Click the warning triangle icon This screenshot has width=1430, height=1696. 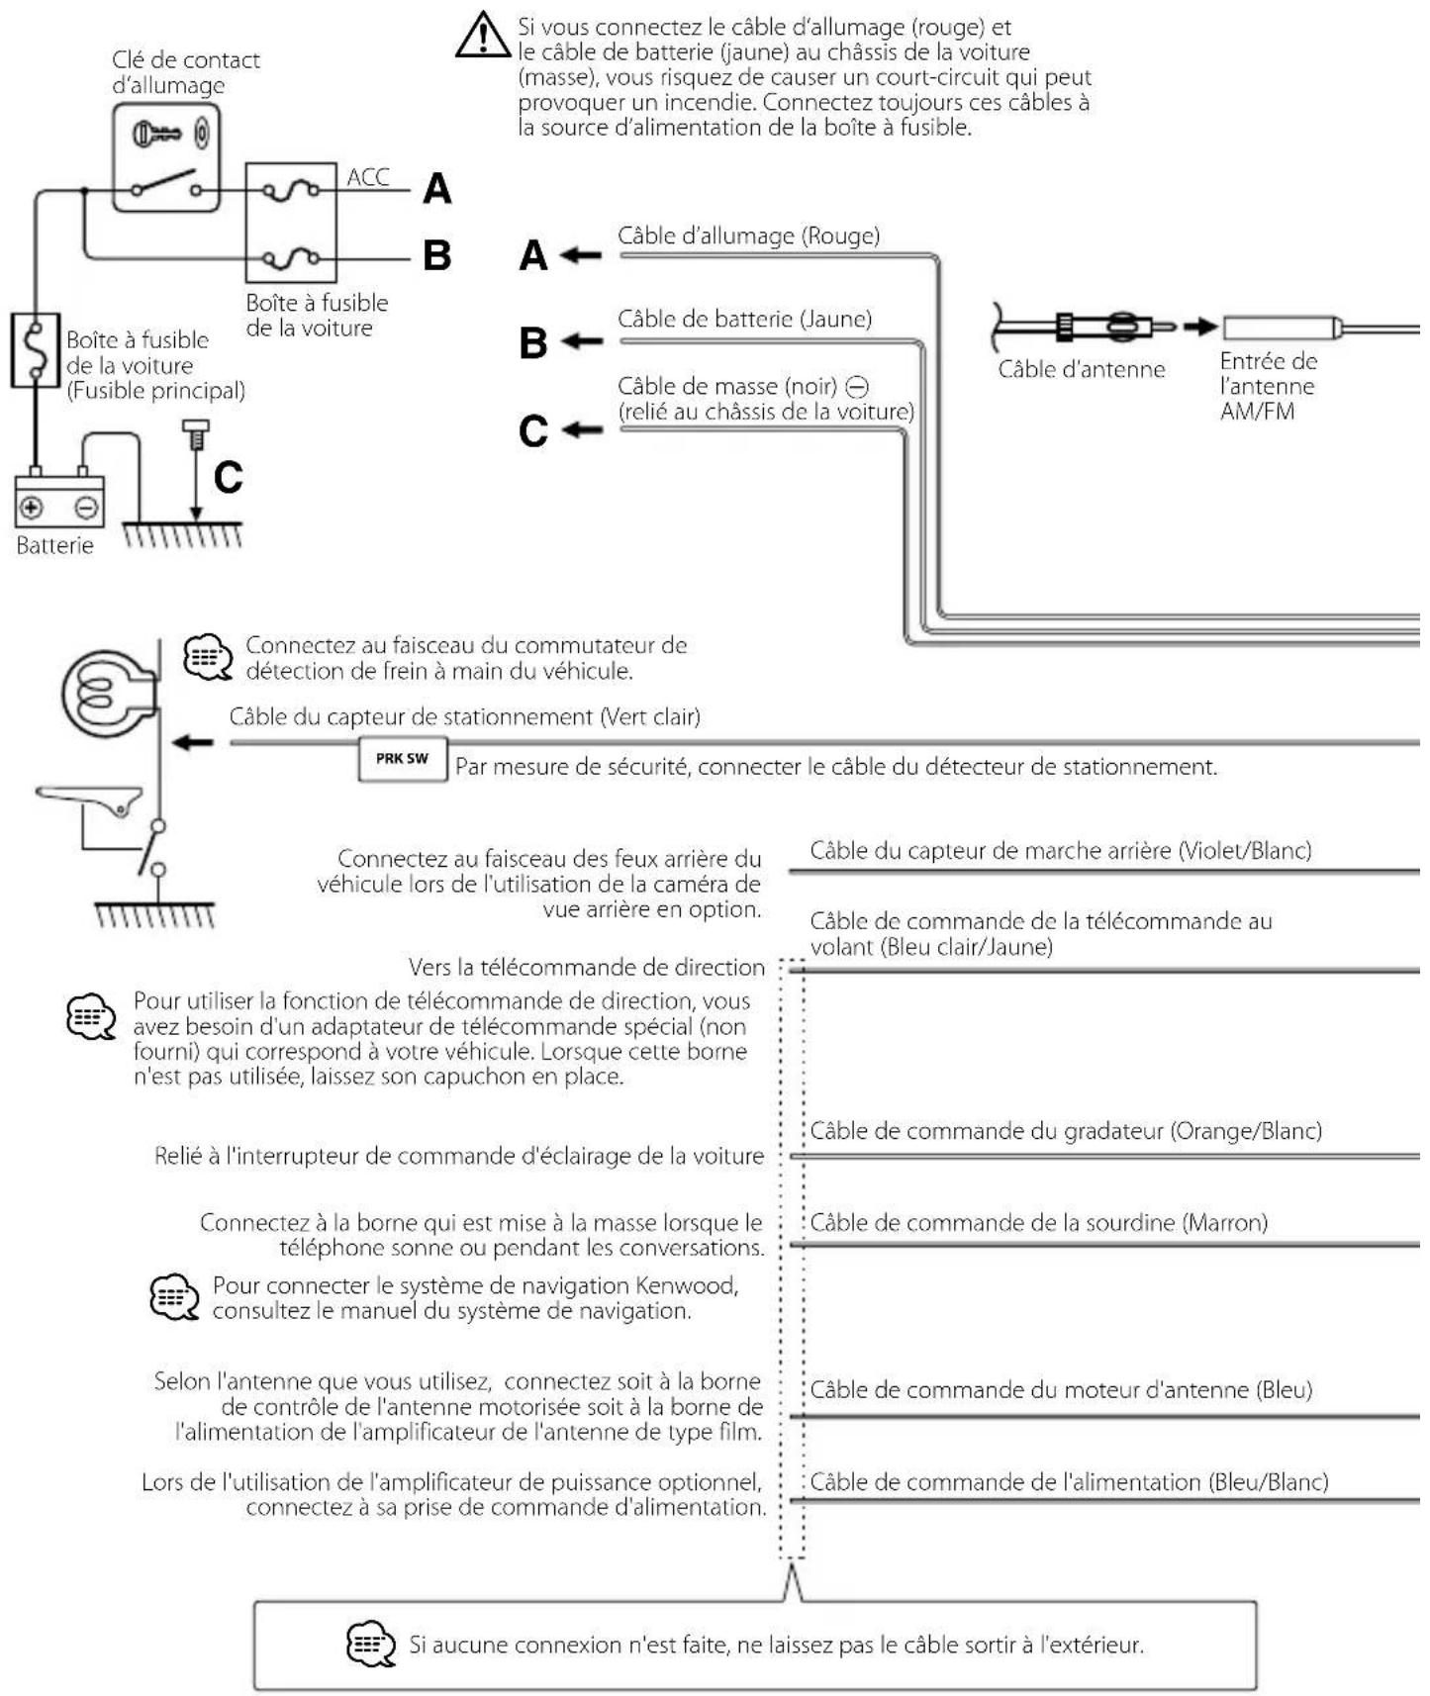point(482,36)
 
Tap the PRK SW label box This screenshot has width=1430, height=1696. point(402,759)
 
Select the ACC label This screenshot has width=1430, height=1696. point(368,177)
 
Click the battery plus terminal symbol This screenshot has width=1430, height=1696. point(32,509)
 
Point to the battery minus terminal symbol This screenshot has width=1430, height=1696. point(87,509)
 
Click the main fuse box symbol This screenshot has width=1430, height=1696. point(36,349)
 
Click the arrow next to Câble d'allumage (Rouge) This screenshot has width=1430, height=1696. point(582,255)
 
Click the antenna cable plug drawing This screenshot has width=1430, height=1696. point(1089,327)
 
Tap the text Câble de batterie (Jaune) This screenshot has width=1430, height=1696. point(744,319)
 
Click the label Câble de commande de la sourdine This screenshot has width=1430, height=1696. point(1038,1222)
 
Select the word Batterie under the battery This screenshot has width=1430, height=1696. point(54,545)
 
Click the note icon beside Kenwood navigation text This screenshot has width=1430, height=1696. point(174,1296)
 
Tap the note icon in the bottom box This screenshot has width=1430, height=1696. point(371,1644)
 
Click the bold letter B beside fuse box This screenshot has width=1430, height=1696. point(436,255)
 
